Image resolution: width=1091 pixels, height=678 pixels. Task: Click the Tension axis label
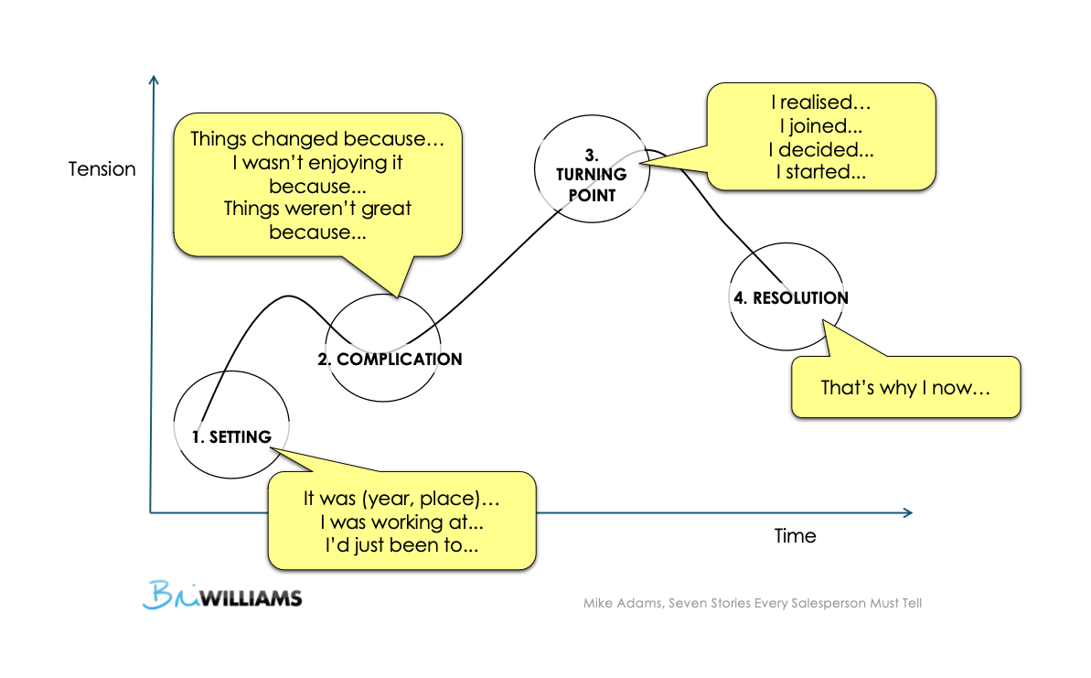click(x=102, y=169)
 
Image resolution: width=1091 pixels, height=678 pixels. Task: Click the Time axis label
click(x=795, y=536)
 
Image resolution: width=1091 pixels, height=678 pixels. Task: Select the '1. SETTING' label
click(x=231, y=437)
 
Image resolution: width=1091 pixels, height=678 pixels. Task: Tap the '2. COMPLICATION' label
click(x=390, y=360)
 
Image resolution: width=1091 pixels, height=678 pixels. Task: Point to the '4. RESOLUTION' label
click(x=790, y=298)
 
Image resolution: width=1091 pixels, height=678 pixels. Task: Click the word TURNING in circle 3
click(x=593, y=174)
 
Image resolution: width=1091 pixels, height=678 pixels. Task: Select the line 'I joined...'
click(x=821, y=127)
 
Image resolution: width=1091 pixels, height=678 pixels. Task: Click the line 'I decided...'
click(x=821, y=149)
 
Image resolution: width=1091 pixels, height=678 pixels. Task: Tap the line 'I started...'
click(x=821, y=171)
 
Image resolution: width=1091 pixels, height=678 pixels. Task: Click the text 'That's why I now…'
click(x=905, y=387)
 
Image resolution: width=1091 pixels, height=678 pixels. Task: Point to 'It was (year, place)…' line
click(x=401, y=500)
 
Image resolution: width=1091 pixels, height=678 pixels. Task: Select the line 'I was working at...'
click(x=401, y=522)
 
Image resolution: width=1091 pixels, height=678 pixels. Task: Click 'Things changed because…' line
click(x=316, y=140)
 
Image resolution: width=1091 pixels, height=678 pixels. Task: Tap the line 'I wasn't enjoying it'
click(x=316, y=164)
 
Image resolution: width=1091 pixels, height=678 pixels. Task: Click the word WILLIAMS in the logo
click(x=251, y=599)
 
